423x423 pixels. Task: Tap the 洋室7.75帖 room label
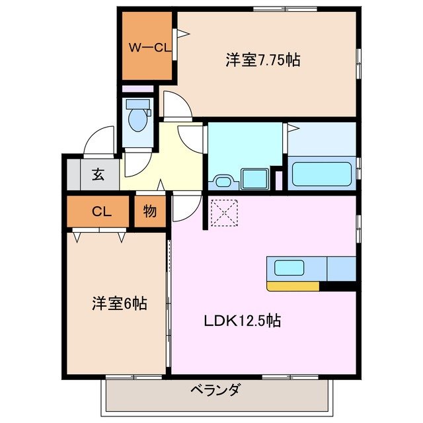pyautogui.click(x=262, y=60)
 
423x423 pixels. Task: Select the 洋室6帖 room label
pyautogui.click(x=119, y=304)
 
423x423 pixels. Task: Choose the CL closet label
pyautogui.click(x=100, y=211)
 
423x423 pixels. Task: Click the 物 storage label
pyautogui.click(x=150, y=211)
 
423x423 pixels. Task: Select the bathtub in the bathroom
pyautogui.click(x=322, y=173)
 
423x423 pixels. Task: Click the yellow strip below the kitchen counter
pyautogui.click(x=292, y=286)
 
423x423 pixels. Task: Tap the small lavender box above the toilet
pyautogui.click(x=137, y=89)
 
